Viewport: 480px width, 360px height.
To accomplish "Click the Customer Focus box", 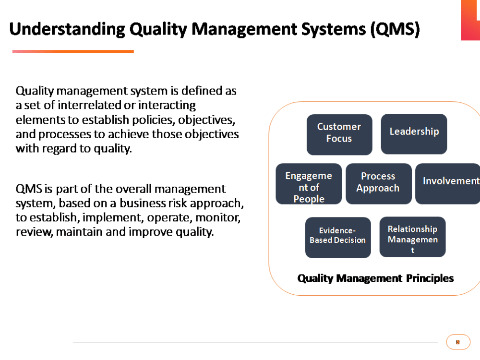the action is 339,134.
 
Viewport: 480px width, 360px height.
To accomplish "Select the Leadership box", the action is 414,134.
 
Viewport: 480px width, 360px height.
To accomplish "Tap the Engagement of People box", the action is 309,184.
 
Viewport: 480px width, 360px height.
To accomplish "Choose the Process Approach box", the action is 378,184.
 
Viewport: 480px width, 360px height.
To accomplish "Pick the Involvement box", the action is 448,184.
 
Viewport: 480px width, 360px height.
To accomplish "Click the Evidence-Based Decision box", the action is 338,238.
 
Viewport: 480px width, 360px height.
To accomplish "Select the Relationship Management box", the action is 412,237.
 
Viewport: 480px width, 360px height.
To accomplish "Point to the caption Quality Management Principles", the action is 375,278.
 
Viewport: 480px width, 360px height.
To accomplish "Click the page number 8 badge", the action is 458,342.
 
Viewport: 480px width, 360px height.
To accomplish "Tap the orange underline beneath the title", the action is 73,51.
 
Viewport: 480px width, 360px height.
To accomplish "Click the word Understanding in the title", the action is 67,29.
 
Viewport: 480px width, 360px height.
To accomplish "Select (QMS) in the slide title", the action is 395,29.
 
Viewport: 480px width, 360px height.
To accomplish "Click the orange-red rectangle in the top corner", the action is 470,20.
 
